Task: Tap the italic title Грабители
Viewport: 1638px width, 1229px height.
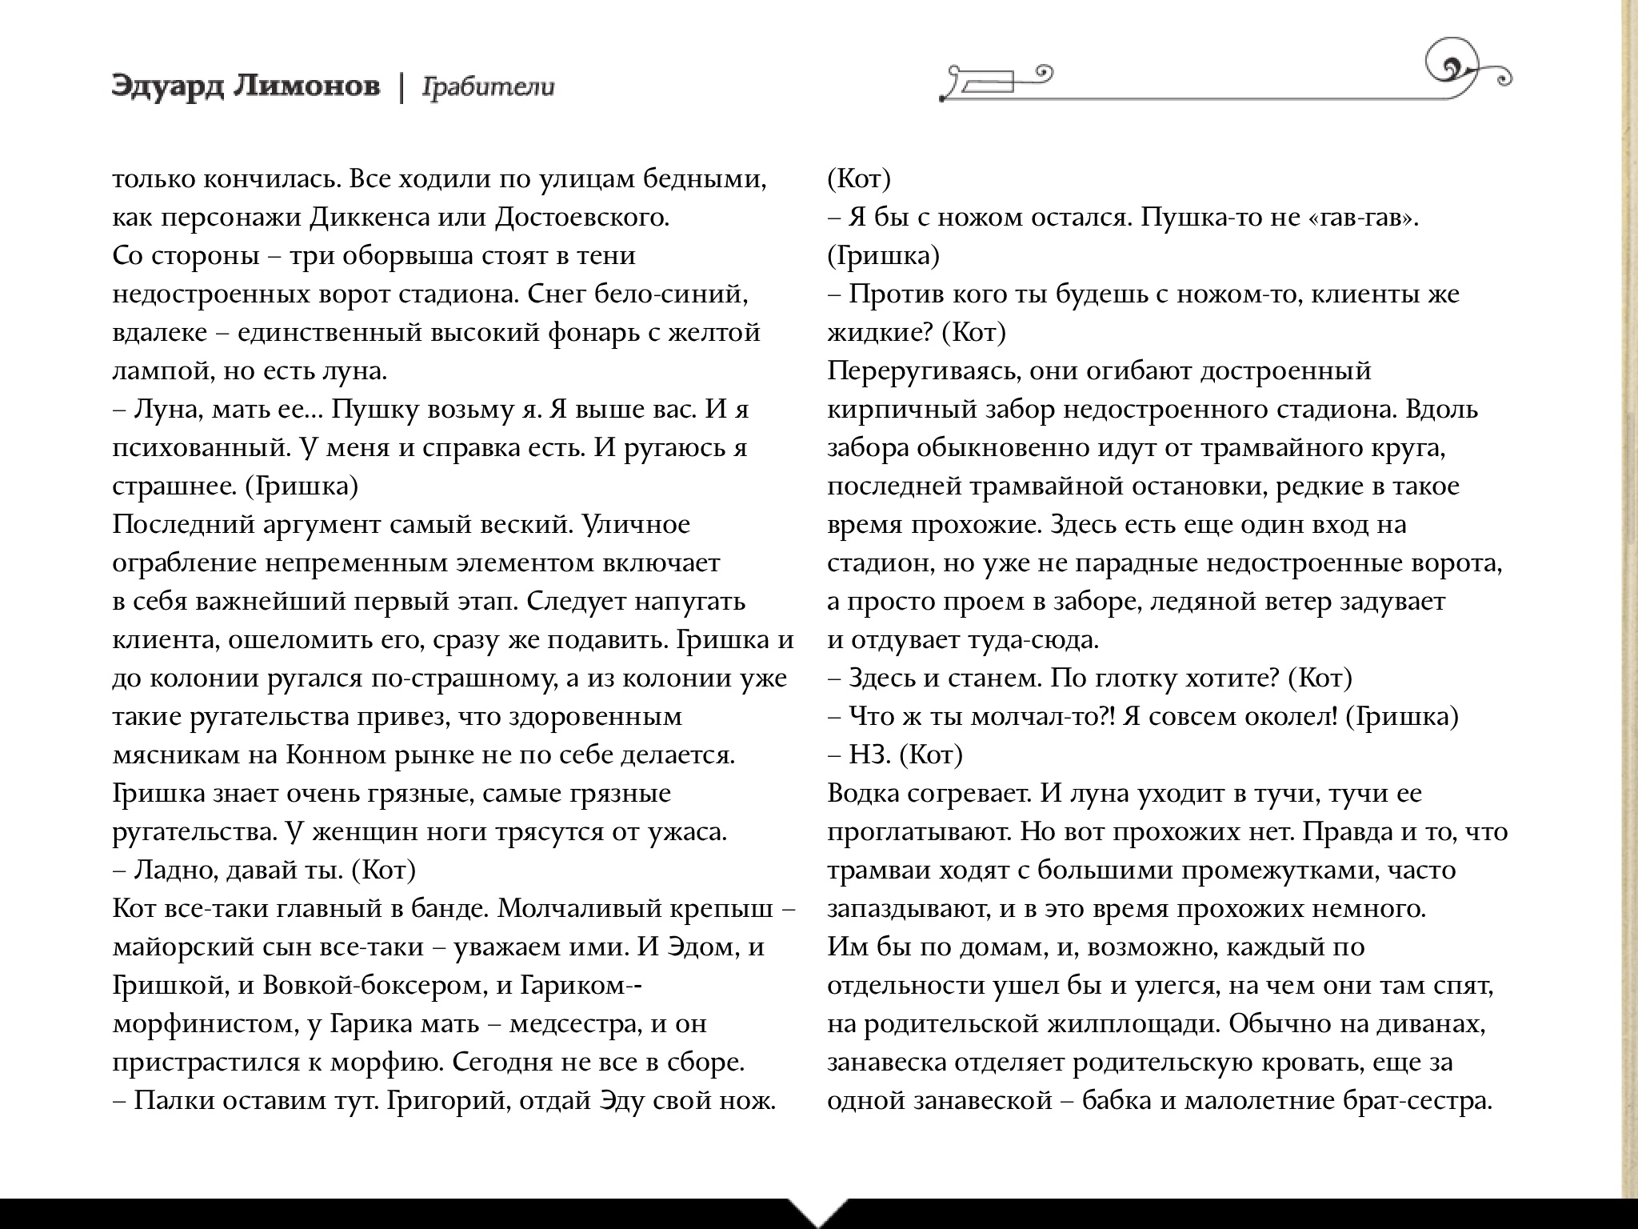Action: pos(487,87)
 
